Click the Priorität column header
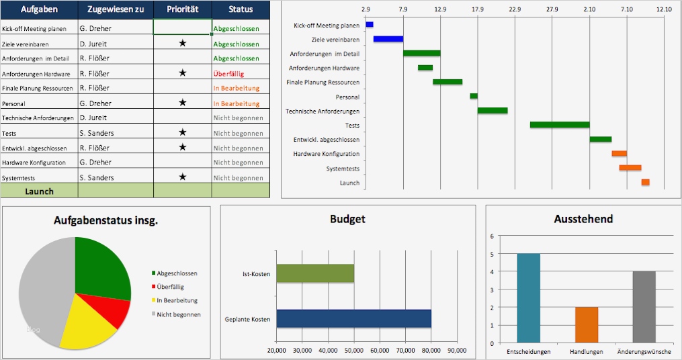coord(182,9)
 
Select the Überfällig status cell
coord(228,74)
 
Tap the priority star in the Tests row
coord(182,133)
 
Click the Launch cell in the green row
coord(39,191)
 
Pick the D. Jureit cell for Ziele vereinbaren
coord(93,44)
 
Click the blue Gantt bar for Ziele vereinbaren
coord(388,39)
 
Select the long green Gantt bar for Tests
coord(559,124)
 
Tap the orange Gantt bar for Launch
coord(645,182)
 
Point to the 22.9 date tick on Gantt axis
coord(515,9)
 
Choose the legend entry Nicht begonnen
coord(179,314)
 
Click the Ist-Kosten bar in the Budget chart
coord(315,273)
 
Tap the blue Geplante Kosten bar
coord(353,318)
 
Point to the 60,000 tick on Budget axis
coord(380,350)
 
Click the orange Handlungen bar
coord(586,324)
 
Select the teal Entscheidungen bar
coord(528,298)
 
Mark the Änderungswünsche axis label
coord(644,351)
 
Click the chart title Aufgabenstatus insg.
coord(106,220)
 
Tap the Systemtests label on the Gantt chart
coord(343,169)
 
